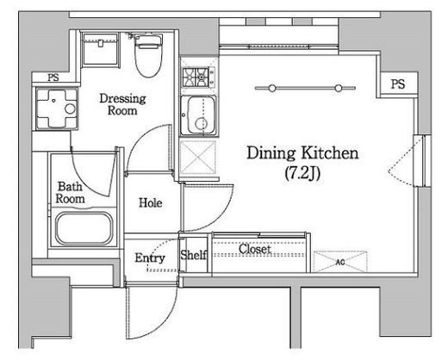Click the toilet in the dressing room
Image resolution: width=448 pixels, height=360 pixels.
tap(148, 55)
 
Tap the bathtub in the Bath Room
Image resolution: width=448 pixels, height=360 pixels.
tap(84, 229)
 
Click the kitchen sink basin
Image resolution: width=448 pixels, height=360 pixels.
tap(198, 115)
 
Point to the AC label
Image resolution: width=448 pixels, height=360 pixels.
tap(340, 262)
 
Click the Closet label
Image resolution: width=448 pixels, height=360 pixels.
tap(255, 249)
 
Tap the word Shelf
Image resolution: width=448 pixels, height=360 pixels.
tap(194, 255)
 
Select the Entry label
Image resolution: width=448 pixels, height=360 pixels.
tap(150, 258)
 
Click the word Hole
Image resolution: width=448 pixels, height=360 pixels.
tap(151, 203)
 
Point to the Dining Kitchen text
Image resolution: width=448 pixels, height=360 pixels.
tap(302, 153)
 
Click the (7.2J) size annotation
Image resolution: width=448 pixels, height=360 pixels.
tap(302, 173)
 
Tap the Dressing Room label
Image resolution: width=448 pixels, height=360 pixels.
tap(122, 104)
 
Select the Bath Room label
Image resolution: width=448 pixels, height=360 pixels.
tap(70, 193)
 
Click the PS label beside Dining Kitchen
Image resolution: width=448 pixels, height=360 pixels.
tap(398, 84)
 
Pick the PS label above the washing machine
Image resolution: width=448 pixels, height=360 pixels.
tap(53, 78)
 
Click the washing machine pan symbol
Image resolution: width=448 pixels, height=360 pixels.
tap(57, 109)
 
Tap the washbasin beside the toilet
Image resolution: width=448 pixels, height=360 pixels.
tap(100, 50)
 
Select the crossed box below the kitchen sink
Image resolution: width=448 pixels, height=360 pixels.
tap(198, 158)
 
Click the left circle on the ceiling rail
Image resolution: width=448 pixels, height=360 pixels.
tap(272, 88)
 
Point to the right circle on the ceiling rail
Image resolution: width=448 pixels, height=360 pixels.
tap(339, 88)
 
